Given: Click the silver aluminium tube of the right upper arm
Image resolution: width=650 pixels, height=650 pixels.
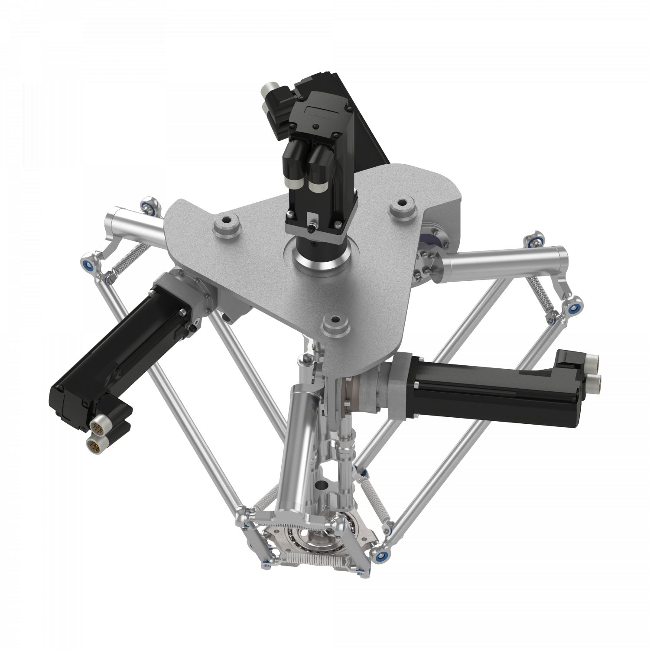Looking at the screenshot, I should pyautogui.click(x=503, y=259).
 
